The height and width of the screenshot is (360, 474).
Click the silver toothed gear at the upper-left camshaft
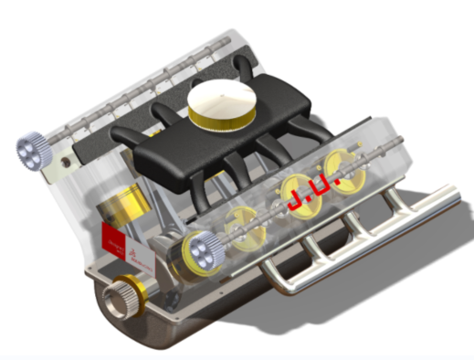tap(30, 149)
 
